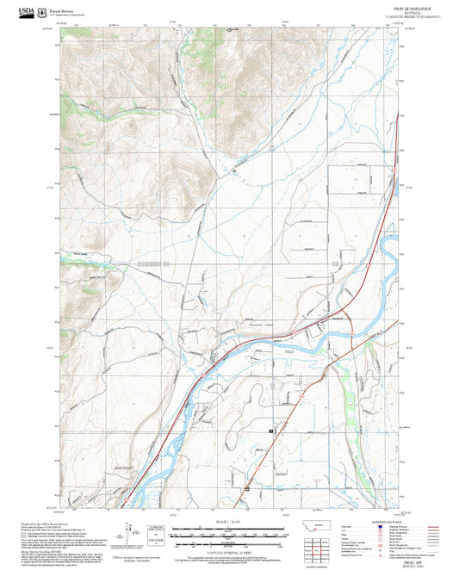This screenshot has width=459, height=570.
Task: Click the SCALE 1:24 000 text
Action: [223, 520]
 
